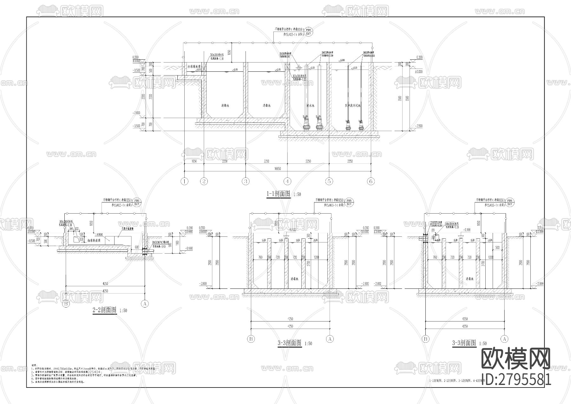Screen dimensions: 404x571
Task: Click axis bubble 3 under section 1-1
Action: click(x=246, y=182)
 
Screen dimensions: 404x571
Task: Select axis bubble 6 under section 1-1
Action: click(x=371, y=182)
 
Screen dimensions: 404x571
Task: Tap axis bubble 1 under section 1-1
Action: click(x=184, y=182)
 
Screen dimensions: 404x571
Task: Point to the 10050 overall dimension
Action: click(x=278, y=169)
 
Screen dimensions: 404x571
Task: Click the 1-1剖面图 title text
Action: click(x=279, y=194)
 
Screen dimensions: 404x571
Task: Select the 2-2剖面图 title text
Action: click(x=105, y=310)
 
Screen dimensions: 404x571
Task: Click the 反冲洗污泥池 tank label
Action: click(x=353, y=105)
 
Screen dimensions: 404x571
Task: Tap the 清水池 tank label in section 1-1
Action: click(x=310, y=105)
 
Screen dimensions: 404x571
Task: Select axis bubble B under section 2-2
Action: click(x=66, y=304)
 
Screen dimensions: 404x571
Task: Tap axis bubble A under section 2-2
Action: click(x=145, y=304)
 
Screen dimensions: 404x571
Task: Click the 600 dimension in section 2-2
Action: click(x=136, y=247)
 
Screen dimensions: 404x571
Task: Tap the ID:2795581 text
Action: click(x=516, y=379)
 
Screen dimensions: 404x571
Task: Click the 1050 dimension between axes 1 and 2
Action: click(x=194, y=161)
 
